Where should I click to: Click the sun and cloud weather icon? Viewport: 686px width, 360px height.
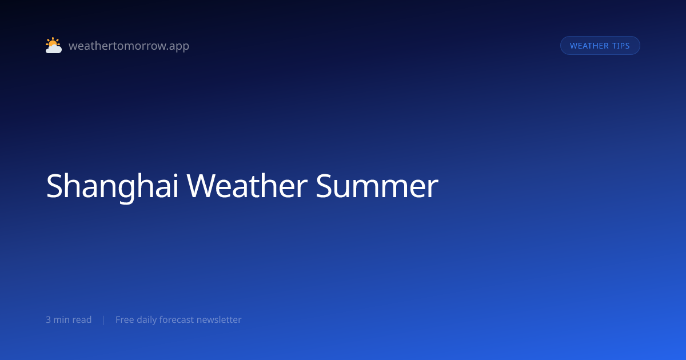point(54,45)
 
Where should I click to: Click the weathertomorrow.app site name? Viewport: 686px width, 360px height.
point(129,46)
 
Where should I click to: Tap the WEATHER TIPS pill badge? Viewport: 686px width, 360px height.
point(600,46)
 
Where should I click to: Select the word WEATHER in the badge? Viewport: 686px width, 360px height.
point(589,46)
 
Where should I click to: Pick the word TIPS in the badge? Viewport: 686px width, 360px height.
point(621,46)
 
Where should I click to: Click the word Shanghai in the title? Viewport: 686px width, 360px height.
point(112,186)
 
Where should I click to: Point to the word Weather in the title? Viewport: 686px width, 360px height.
point(247,186)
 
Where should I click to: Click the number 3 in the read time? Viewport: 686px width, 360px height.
point(48,319)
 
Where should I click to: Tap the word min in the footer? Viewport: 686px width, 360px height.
point(62,319)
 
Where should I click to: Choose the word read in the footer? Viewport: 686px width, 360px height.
point(83,319)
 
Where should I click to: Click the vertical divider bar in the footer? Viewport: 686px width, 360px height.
point(104,320)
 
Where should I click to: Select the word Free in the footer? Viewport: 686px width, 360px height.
point(125,319)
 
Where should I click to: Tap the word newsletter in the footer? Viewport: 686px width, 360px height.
point(219,319)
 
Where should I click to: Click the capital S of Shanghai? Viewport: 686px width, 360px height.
point(54,186)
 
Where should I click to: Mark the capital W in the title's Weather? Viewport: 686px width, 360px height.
point(200,186)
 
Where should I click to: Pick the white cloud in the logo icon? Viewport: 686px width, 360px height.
point(54,49)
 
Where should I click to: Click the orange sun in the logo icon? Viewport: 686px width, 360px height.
point(53,42)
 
